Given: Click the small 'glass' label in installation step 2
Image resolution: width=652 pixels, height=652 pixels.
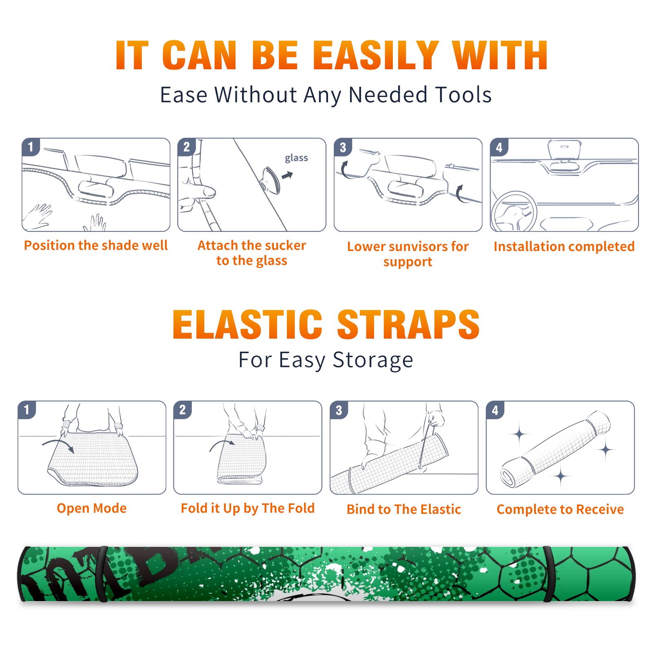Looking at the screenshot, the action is click(296, 158).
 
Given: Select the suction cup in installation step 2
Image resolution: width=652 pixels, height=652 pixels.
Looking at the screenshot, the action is click(271, 180).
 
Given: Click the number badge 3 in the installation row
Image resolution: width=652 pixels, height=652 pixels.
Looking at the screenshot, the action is click(343, 148).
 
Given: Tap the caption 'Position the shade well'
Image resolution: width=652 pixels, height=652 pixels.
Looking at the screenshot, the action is click(96, 245).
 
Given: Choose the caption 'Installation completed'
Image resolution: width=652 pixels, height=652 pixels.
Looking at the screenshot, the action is click(564, 247).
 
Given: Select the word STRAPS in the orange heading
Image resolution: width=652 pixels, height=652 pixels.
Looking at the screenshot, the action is click(408, 324).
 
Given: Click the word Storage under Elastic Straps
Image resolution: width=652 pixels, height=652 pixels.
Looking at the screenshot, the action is click(373, 360).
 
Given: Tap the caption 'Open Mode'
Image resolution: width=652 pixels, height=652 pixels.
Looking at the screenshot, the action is click(92, 508).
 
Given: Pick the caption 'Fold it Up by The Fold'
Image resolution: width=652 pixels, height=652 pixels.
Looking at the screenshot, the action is click(248, 509).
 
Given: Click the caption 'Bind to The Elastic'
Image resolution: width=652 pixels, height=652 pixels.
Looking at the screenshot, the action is click(404, 509).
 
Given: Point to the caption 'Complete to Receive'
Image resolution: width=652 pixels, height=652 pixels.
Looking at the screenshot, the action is click(560, 509).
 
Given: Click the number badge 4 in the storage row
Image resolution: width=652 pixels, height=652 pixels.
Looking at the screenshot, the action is click(495, 410).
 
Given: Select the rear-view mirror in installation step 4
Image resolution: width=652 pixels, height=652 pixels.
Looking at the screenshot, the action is click(564, 149).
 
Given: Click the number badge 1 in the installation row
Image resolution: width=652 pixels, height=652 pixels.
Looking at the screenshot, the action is click(31, 147).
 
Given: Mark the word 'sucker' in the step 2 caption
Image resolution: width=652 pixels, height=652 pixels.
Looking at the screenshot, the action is click(285, 245).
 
